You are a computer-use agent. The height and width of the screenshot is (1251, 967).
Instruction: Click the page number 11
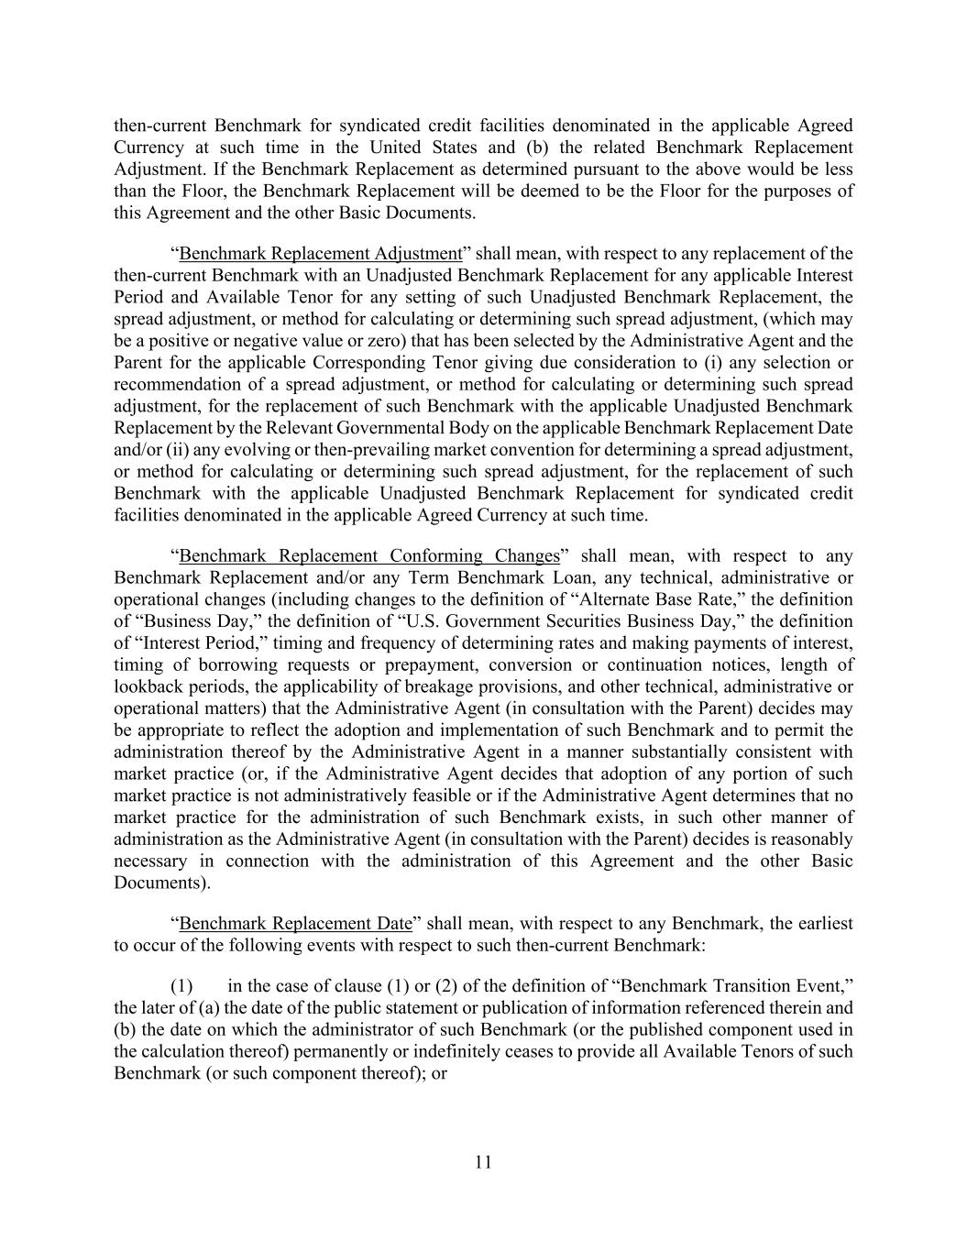(x=483, y=1163)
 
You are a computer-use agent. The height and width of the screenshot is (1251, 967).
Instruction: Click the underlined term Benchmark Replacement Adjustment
(x=320, y=254)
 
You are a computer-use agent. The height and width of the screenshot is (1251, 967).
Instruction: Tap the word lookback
(x=149, y=686)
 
